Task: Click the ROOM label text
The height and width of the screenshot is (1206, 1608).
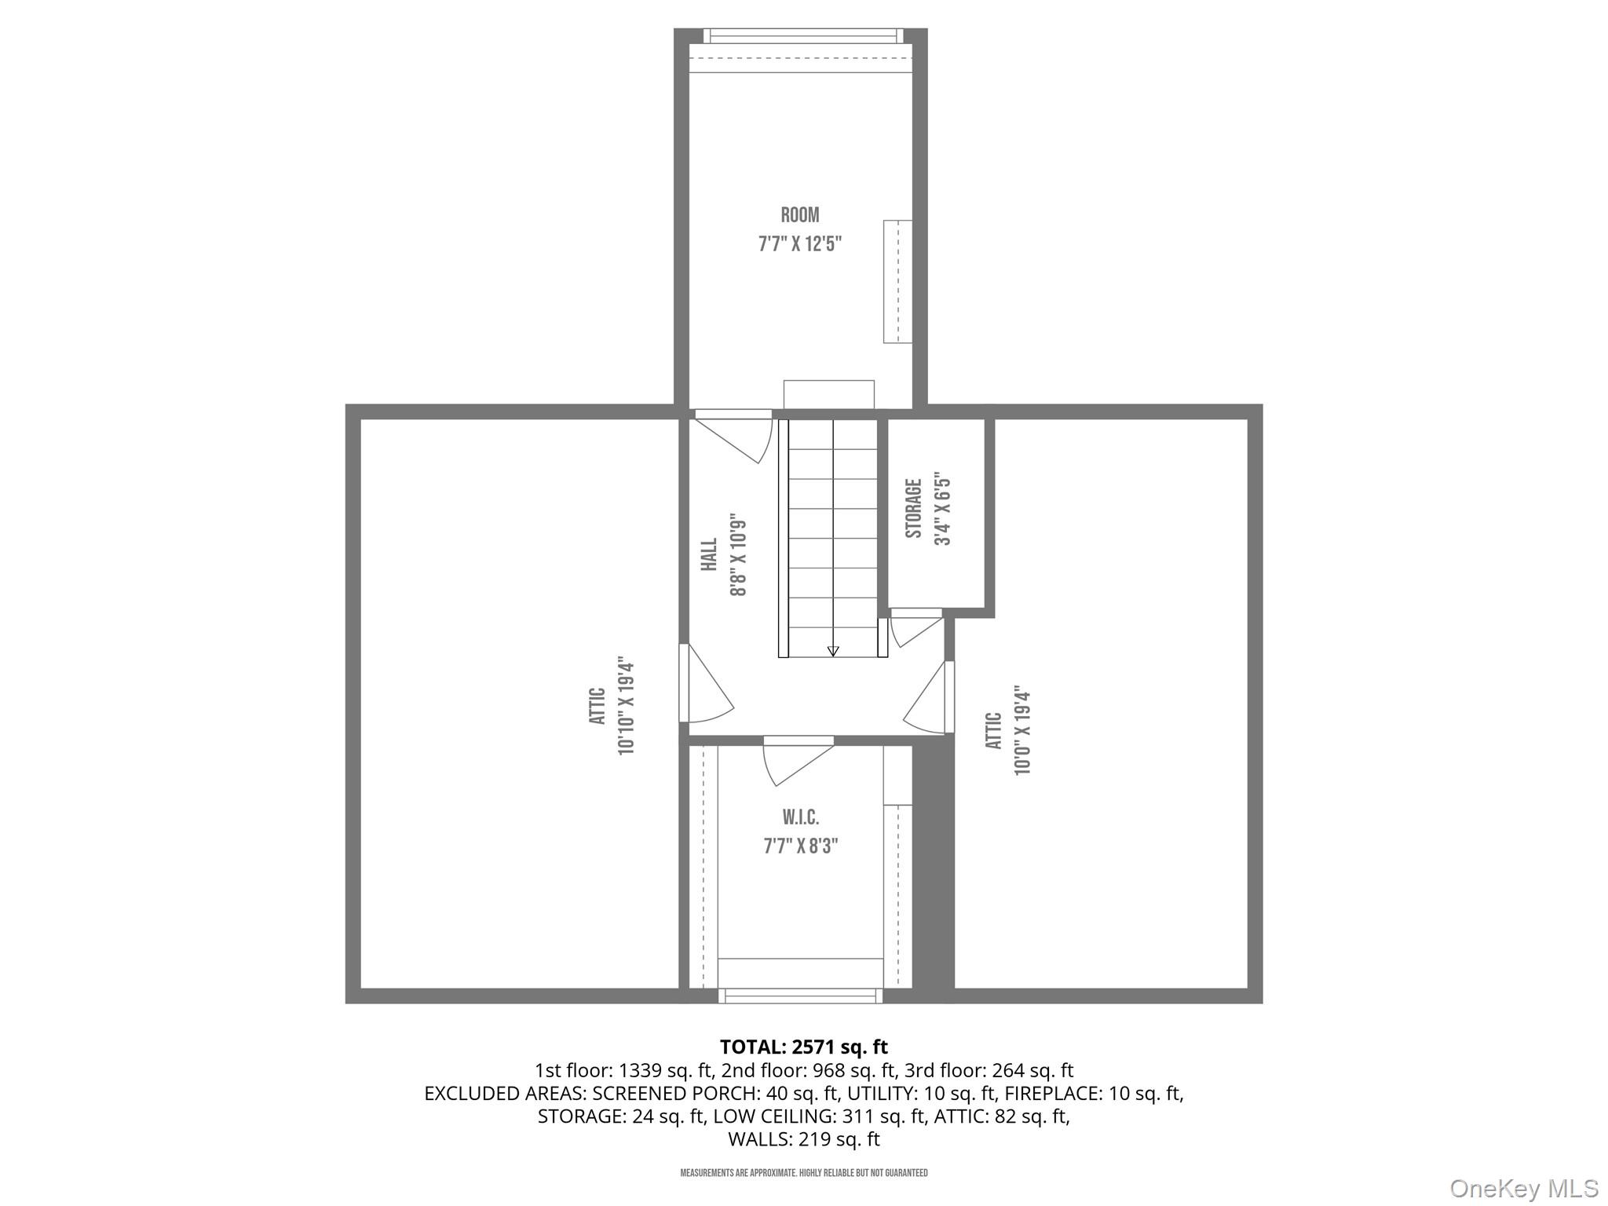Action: (x=799, y=215)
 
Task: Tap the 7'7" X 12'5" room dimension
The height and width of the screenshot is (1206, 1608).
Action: (x=799, y=244)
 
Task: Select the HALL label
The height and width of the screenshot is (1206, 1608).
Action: (x=709, y=554)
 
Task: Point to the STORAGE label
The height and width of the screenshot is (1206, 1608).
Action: (x=913, y=508)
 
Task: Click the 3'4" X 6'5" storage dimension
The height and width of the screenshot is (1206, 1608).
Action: (x=942, y=509)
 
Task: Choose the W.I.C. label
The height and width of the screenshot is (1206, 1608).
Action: (x=800, y=817)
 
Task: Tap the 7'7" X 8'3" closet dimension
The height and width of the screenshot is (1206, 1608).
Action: (x=800, y=846)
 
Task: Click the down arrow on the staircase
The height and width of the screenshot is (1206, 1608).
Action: (x=833, y=650)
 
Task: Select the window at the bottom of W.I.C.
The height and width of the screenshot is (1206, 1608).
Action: (x=800, y=996)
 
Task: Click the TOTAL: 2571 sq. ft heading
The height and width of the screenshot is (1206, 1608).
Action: (x=803, y=1047)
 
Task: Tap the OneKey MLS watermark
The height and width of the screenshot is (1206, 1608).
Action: (x=1523, y=1189)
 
